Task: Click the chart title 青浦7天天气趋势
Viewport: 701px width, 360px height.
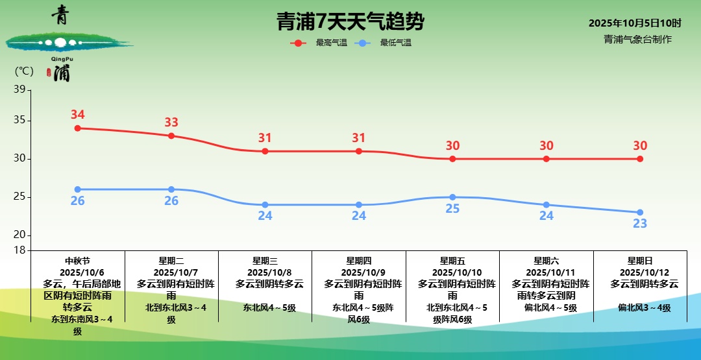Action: point(350,22)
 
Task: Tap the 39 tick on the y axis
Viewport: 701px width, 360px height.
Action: point(19,90)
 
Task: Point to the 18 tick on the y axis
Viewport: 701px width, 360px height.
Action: point(19,250)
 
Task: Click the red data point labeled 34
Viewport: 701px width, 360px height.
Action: point(77,128)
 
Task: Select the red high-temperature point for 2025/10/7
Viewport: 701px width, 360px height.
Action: point(171,136)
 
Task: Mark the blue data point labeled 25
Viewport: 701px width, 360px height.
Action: point(452,197)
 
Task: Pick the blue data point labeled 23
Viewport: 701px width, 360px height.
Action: point(640,212)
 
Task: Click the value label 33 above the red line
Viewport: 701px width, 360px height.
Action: point(171,122)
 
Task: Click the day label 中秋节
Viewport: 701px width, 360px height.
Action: point(78,261)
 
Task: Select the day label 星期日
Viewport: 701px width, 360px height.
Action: point(640,261)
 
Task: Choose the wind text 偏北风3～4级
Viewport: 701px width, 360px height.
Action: point(644,307)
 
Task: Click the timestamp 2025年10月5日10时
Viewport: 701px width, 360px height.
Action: point(635,23)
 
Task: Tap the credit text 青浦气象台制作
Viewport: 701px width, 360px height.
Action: point(637,39)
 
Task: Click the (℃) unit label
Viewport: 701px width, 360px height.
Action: point(24,71)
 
